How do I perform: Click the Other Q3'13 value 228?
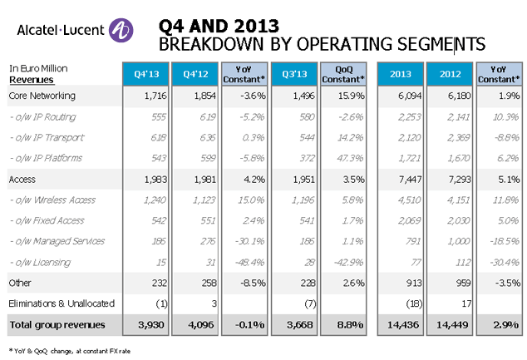(309, 282)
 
